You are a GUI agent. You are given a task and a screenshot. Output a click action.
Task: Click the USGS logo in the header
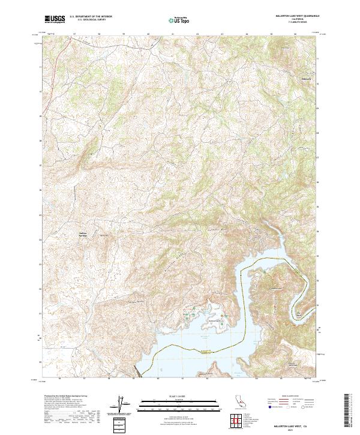click(55, 19)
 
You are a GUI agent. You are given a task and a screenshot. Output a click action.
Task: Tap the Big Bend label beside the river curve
click(298, 313)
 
